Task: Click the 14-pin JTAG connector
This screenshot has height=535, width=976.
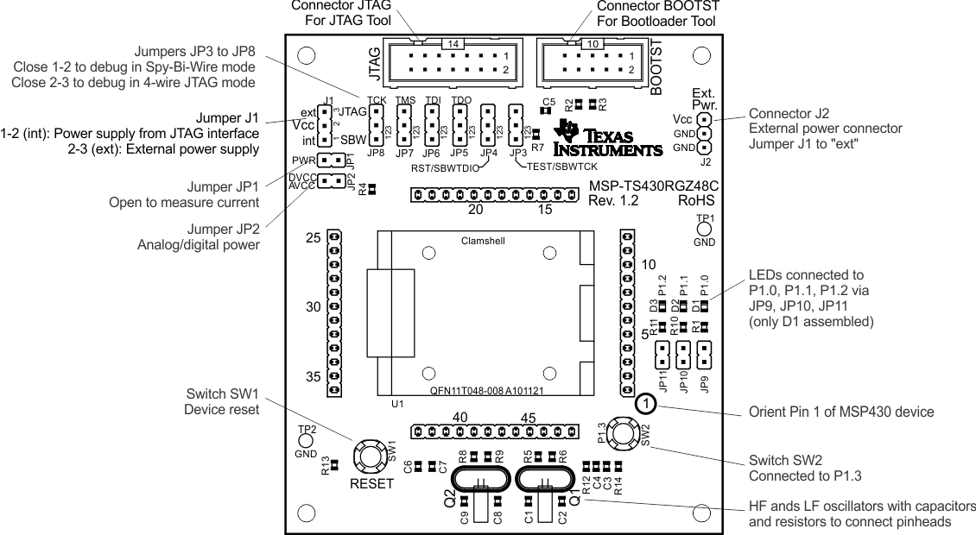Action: tap(453, 62)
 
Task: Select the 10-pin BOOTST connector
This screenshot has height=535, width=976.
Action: tap(589, 62)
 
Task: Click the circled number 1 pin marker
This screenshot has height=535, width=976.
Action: tap(645, 404)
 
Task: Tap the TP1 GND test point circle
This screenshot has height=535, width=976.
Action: tap(704, 230)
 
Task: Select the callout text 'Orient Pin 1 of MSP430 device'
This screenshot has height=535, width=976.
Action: tap(840, 412)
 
